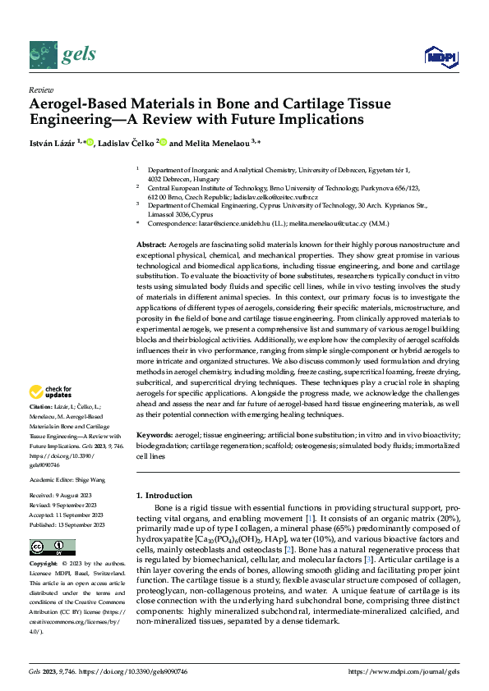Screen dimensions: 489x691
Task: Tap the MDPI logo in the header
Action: pyautogui.click(x=441, y=56)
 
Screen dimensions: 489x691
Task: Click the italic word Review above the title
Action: pyautogui.click(x=40, y=90)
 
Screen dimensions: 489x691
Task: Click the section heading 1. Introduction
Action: pyautogui.click(x=164, y=496)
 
